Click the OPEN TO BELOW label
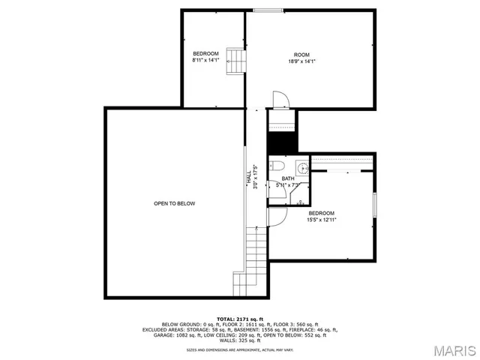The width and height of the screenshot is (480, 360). pyautogui.click(x=174, y=203)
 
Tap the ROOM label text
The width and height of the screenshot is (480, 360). pyautogui.click(x=301, y=55)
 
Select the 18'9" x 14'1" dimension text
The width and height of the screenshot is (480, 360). pyautogui.click(x=301, y=62)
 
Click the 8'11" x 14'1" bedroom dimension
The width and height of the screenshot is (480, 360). pyautogui.click(x=205, y=61)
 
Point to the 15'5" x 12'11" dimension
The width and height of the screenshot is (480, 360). pyautogui.click(x=321, y=220)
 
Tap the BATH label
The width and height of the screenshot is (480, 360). pyautogui.click(x=288, y=178)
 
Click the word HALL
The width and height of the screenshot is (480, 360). pyautogui.click(x=249, y=177)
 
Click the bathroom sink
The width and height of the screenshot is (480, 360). pyautogui.click(x=302, y=167)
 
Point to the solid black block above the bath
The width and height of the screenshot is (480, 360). pyautogui.click(x=282, y=140)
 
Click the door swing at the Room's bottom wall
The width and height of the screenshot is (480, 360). pyautogui.click(x=279, y=100)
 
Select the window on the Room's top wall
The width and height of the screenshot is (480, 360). pyautogui.click(x=262, y=10)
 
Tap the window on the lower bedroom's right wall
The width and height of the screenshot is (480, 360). pyautogui.click(x=373, y=205)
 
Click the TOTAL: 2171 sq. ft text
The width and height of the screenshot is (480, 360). pyautogui.click(x=239, y=319)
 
